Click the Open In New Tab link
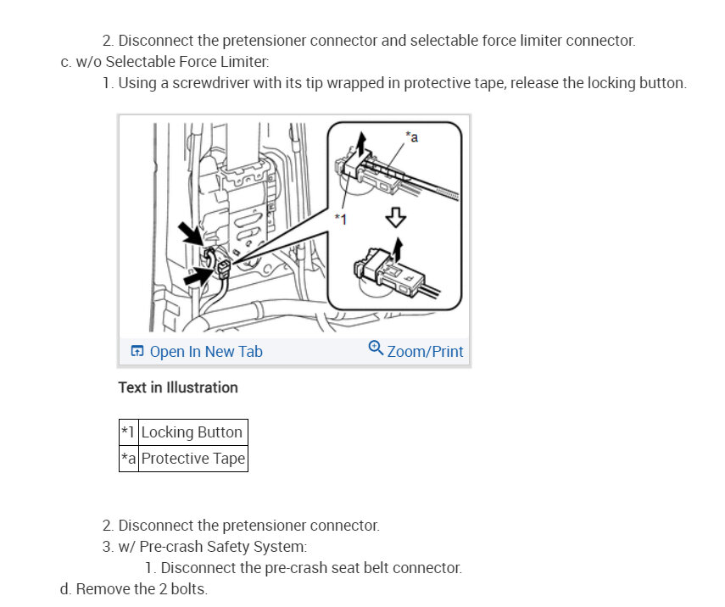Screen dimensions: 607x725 tap(206, 351)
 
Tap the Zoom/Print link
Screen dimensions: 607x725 tap(425, 351)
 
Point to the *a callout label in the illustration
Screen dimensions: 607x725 tap(411, 136)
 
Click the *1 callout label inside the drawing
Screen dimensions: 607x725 tap(341, 219)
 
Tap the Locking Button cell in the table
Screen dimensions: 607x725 tap(192, 432)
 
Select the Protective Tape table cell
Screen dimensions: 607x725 tap(193, 459)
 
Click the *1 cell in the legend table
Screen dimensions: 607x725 tap(128, 432)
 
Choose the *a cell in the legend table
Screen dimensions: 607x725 tap(129, 459)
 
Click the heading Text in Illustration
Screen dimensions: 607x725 tap(178, 387)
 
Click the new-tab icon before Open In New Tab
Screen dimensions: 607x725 tap(136, 351)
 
